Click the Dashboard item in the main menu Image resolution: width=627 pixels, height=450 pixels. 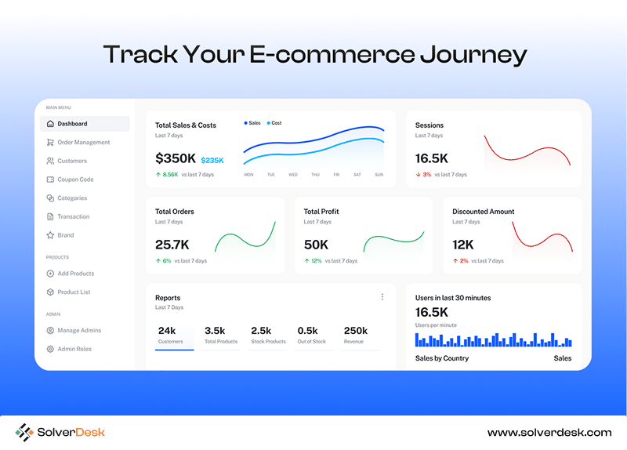[85, 124]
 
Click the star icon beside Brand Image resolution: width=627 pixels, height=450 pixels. [50, 235]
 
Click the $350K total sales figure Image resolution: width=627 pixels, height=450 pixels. [176, 158]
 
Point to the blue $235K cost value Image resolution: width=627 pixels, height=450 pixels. [212, 161]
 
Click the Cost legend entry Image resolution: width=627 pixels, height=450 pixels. [274, 123]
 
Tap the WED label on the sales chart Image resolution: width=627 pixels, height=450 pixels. [292, 175]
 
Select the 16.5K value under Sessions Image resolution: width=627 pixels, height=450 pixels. [432, 158]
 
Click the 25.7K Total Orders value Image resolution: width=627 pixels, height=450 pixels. [172, 245]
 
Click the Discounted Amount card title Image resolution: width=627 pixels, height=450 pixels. [483, 212]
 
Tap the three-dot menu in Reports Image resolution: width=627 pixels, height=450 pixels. [382, 297]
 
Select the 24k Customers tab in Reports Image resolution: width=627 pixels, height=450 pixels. [174, 336]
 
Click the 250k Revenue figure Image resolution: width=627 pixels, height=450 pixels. [356, 331]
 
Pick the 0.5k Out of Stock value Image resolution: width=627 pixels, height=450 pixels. [307, 331]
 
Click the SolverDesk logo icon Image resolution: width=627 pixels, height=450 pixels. [24, 433]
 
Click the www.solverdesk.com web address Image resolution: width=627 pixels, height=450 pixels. [549, 433]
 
